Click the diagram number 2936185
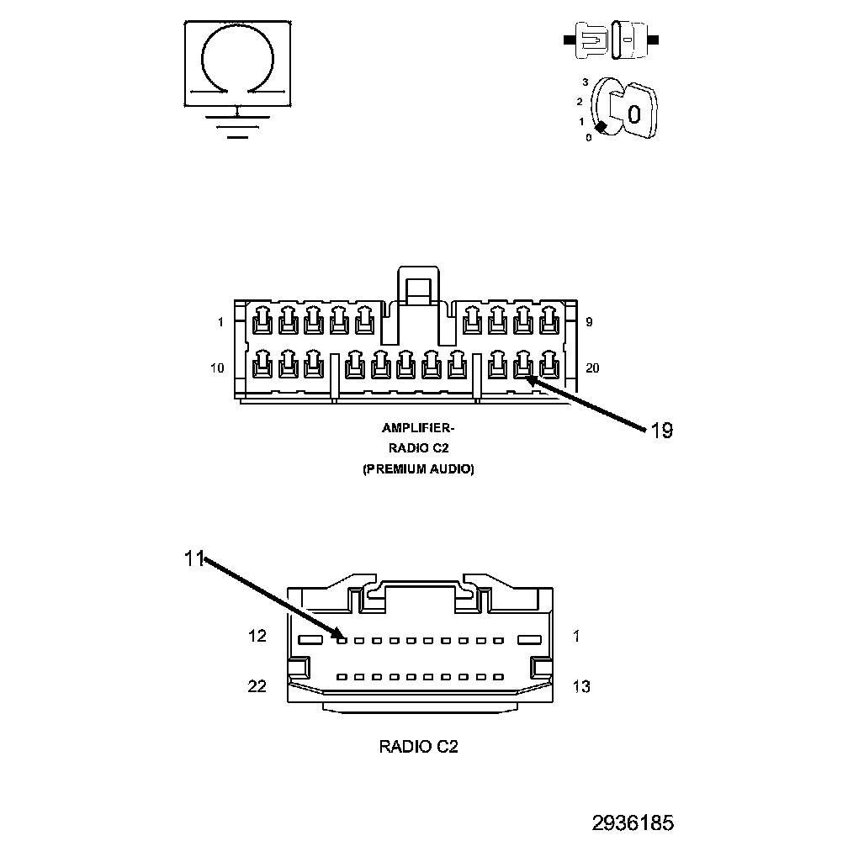(x=633, y=822)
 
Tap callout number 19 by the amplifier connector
(x=661, y=431)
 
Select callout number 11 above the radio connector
(x=194, y=558)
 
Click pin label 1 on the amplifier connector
(x=220, y=322)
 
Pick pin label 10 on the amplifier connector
(x=217, y=368)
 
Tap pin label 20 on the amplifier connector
(x=592, y=368)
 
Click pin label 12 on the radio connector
(x=257, y=637)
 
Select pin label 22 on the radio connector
(x=257, y=686)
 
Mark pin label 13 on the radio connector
(x=580, y=687)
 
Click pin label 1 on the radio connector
(x=575, y=637)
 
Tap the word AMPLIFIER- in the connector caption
(x=418, y=428)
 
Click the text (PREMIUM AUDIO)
(x=418, y=469)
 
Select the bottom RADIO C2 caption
(x=418, y=746)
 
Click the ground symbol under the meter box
(x=238, y=124)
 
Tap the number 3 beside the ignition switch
(x=585, y=82)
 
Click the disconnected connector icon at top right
(x=612, y=40)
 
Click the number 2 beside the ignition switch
(x=580, y=102)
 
